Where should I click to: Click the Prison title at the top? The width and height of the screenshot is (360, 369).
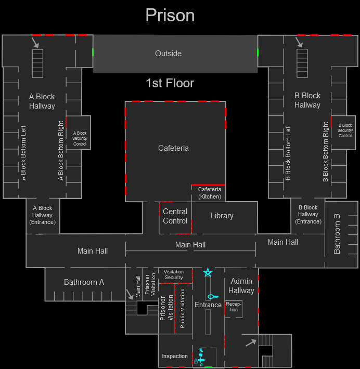[x=170, y=16]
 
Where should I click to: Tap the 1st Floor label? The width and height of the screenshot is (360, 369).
[x=170, y=83]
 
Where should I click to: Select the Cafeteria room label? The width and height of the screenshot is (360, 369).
[x=173, y=148]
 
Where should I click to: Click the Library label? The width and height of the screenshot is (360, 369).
[x=222, y=216]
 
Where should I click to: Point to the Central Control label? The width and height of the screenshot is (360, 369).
[x=175, y=216]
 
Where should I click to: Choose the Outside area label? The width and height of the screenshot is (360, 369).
[x=169, y=54]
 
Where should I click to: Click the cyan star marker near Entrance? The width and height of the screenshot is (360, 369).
[x=208, y=272]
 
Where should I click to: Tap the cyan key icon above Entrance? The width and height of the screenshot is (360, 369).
[x=213, y=296]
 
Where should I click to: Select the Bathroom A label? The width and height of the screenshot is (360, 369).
[x=84, y=282]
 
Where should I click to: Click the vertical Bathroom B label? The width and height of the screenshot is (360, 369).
[x=337, y=234]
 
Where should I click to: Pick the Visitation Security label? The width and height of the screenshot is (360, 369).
[x=174, y=274]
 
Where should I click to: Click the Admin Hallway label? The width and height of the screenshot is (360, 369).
[x=241, y=286]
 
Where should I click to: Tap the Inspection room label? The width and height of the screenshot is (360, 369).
[x=175, y=356]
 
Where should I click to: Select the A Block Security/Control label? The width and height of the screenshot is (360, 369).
[x=80, y=138]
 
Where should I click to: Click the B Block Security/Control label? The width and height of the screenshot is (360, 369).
[x=345, y=130]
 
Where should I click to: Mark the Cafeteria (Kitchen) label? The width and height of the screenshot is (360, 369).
[x=210, y=193]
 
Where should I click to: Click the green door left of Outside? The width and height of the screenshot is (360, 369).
[x=93, y=52]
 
